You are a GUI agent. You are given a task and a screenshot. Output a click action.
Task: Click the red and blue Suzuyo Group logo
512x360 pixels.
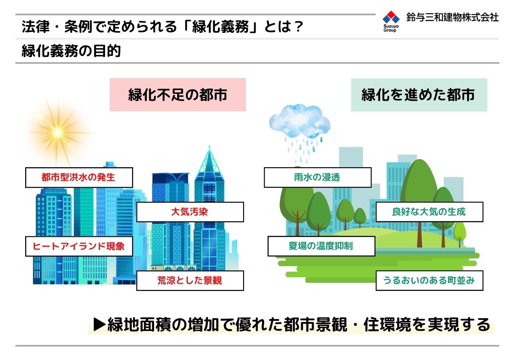point(391,21)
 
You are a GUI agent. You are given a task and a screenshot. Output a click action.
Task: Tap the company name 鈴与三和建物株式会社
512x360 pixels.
point(452,17)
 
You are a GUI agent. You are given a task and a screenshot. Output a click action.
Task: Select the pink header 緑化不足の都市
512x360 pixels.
point(177,95)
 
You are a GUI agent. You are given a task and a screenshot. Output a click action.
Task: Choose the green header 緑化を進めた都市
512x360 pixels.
point(419,95)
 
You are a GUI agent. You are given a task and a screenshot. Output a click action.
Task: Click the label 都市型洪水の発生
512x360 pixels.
point(79,177)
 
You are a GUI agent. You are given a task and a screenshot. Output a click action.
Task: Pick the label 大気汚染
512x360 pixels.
point(190,212)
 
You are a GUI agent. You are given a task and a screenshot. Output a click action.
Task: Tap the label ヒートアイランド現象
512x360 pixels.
point(79,246)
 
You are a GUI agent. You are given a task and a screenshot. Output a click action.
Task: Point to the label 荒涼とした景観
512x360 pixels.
point(190,281)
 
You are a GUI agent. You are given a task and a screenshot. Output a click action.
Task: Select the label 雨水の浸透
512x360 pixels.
point(318,177)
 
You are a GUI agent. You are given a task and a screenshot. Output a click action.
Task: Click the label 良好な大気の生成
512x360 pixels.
point(430,212)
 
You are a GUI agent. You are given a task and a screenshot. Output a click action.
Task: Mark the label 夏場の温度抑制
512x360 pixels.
point(321,246)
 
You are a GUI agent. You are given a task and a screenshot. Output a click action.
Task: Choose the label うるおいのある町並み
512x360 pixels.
point(430,281)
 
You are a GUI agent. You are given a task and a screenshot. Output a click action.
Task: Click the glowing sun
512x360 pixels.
point(58,132)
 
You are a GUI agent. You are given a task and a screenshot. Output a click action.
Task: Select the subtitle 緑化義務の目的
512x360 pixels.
point(71,51)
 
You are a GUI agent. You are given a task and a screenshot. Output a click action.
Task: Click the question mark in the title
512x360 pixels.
point(298,26)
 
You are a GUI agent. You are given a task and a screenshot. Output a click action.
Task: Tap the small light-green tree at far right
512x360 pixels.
point(460,234)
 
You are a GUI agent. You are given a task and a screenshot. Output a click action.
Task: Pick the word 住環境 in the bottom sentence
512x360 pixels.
point(388,325)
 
